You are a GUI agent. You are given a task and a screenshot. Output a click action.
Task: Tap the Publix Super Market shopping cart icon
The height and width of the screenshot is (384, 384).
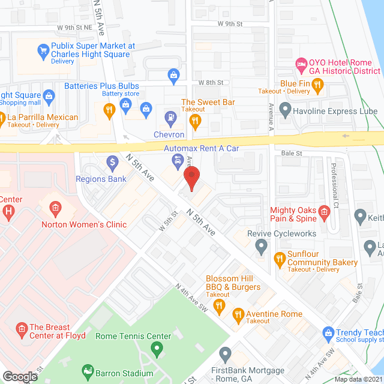pyautogui.click(x=43, y=50)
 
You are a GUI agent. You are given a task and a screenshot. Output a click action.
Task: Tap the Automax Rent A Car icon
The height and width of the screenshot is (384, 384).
pyautogui.click(x=178, y=160)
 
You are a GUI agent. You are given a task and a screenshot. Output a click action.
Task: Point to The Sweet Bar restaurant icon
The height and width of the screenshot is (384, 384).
pyautogui.click(x=194, y=121)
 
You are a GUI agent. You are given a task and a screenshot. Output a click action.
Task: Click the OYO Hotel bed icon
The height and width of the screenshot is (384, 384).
pyautogui.click(x=301, y=63)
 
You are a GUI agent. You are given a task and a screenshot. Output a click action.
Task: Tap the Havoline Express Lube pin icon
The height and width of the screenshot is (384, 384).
pyautogui.click(x=286, y=110)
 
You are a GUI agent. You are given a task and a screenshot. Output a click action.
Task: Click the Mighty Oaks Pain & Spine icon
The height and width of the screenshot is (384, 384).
pyautogui.click(x=324, y=211)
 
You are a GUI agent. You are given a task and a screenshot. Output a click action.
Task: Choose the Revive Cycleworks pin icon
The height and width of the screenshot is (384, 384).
pyautogui.click(x=261, y=245)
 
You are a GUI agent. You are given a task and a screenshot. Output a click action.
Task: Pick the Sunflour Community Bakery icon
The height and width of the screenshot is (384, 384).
pyautogui.click(x=279, y=259)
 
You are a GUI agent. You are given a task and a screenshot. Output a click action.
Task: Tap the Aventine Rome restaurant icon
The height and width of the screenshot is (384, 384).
pyautogui.click(x=238, y=314)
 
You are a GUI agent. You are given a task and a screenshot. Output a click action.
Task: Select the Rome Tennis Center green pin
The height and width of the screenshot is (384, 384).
pyautogui.click(x=157, y=348)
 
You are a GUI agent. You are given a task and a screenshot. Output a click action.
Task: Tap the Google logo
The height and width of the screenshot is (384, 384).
pyautogui.click(x=19, y=376)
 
